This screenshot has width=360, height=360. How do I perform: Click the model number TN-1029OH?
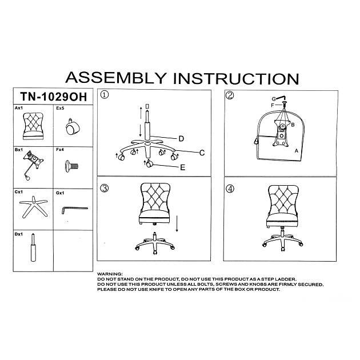point(54,97)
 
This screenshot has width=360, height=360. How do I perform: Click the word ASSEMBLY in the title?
point(116,78)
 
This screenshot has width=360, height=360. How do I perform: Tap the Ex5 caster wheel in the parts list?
point(73,126)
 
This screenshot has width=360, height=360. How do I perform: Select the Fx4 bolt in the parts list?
point(71,166)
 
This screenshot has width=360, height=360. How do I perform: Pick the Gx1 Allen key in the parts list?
point(75,209)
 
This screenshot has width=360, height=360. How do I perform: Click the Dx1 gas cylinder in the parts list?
point(33,247)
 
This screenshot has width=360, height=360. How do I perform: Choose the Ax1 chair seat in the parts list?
point(33,126)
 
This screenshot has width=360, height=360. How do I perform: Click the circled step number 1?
point(105,95)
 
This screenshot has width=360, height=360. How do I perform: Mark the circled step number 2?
point(230,95)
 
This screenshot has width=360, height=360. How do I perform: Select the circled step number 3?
point(105,188)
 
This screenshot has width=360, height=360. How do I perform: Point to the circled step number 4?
point(230,189)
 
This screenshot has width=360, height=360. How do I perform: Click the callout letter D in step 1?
point(181,139)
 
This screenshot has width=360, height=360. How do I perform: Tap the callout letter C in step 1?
point(202,153)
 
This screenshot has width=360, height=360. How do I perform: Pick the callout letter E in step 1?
point(183,167)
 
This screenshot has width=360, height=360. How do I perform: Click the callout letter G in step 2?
point(274,99)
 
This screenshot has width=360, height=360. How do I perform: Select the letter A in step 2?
point(297,151)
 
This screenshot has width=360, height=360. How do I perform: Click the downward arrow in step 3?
point(177,223)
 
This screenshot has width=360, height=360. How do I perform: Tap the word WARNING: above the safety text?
point(110,274)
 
